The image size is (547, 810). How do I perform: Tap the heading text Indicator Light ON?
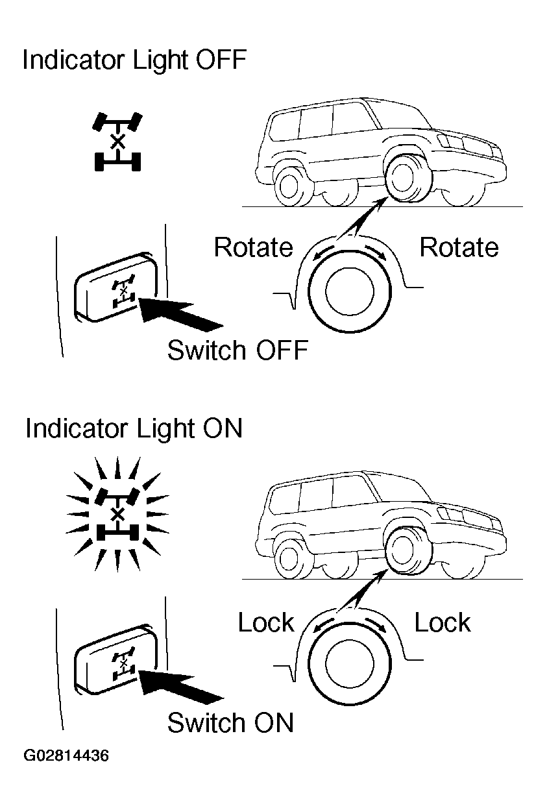(134, 429)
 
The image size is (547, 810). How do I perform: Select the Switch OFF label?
(237, 350)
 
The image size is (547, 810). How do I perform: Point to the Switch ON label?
(230, 722)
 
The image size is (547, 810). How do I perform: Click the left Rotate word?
(253, 247)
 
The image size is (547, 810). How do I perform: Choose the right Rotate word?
(459, 247)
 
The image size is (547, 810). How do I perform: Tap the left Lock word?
(265, 623)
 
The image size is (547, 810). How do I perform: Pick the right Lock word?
(442, 623)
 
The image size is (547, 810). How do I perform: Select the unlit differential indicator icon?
(117, 142)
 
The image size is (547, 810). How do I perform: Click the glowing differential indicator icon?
(117, 514)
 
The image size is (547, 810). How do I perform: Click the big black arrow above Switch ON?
(181, 687)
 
